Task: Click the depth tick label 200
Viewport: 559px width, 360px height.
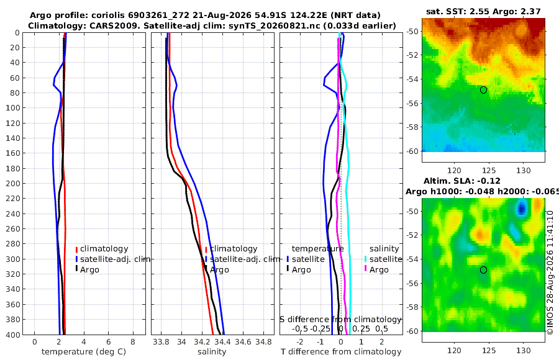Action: (13, 183)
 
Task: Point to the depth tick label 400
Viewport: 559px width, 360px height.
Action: (13, 335)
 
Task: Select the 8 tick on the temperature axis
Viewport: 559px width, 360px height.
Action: (133, 342)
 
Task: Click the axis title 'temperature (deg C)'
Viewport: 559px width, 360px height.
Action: (84, 352)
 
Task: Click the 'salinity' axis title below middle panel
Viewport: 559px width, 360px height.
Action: (212, 352)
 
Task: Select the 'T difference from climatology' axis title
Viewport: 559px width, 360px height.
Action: (341, 352)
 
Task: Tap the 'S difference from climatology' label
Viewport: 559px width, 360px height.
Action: (340, 319)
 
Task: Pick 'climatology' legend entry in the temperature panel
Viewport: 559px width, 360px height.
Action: (102, 249)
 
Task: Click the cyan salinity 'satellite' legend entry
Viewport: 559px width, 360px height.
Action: (383, 259)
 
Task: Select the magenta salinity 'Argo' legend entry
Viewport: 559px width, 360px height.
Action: (376, 269)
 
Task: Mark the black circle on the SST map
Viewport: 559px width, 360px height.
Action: (483, 90)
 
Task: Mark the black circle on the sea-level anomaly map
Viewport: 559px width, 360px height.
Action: (483, 270)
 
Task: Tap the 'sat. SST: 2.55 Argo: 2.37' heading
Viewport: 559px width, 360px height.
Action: (483, 11)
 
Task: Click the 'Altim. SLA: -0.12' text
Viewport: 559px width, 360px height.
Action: (461, 181)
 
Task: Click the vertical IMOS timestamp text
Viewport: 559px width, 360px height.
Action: (550, 272)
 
